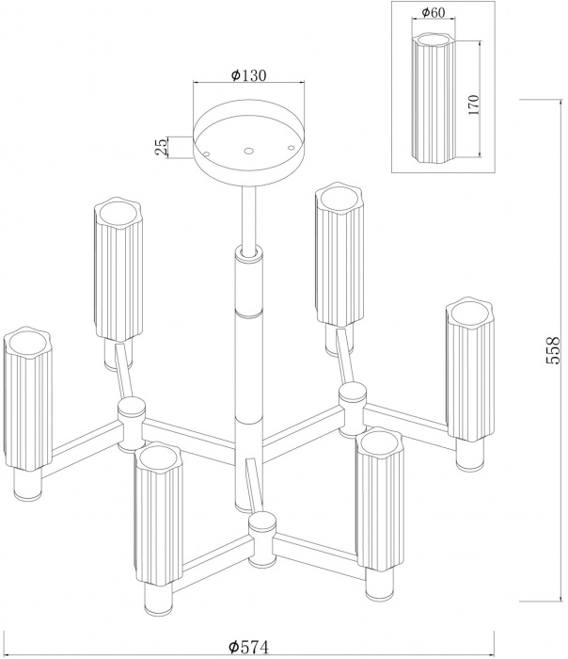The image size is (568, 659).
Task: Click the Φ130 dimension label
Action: point(248,74)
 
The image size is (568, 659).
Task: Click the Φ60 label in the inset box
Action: point(434,12)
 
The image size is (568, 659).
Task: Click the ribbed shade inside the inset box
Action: point(433,98)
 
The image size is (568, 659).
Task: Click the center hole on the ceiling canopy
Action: point(248,149)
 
